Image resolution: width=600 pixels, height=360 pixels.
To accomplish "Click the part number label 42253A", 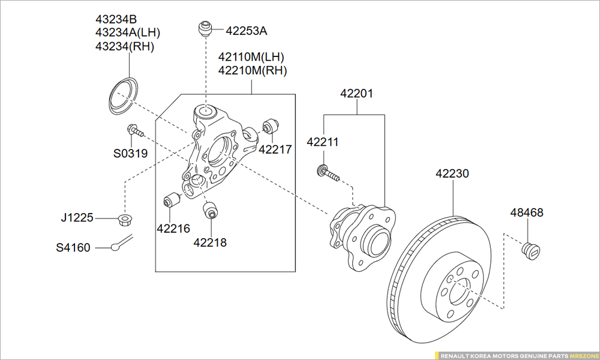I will [x=246, y=31].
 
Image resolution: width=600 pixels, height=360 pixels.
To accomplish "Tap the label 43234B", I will [x=116, y=19].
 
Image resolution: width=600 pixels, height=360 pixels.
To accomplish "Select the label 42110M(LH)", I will [x=251, y=57].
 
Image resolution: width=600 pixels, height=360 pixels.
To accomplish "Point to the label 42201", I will [x=356, y=94].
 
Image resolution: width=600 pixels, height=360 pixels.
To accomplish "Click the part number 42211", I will [x=323, y=142].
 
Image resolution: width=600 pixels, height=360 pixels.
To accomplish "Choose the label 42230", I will [x=452, y=173].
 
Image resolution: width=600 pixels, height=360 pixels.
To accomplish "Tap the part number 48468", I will [x=527, y=212].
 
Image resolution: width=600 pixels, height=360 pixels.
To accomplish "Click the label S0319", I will [x=130, y=154].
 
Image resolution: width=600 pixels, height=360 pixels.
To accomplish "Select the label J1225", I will [x=77, y=217].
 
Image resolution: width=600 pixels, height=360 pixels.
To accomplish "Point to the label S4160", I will [x=73, y=247].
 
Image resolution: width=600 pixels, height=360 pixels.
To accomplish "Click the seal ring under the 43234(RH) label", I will [x=124, y=95].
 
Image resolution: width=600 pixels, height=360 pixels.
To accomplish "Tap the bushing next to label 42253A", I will [x=206, y=28].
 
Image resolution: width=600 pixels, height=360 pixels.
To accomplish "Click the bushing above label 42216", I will [x=172, y=200].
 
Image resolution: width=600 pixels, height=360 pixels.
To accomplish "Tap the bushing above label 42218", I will [x=211, y=211].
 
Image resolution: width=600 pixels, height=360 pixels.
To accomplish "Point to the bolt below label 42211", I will [x=327, y=174].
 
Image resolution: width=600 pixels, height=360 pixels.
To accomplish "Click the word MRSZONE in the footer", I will [x=584, y=356].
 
